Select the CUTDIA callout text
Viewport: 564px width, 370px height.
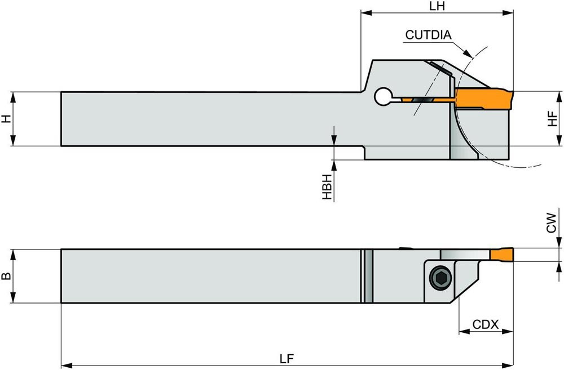(428, 35)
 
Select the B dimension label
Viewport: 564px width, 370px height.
(6, 277)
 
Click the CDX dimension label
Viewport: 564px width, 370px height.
(485, 324)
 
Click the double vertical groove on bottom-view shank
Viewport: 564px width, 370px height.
(367, 276)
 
